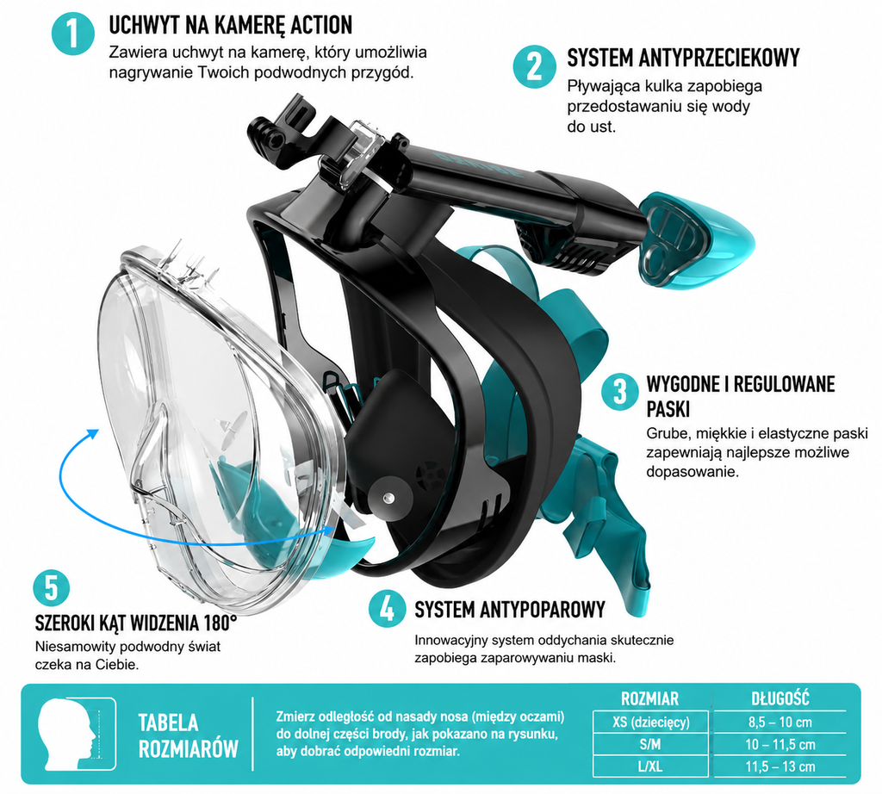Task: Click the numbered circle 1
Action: click(x=72, y=34)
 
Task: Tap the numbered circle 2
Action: click(x=534, y=66)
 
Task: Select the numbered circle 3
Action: click(x=619, y=391)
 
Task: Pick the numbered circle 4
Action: click(x=387, y=609)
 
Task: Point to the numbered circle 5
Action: click(x=51, y=588)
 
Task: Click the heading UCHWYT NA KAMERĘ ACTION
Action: click(x=231, y=25)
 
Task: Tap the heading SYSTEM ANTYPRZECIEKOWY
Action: click(x=683, y=58)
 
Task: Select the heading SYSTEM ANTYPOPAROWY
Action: click(x=510, y=610)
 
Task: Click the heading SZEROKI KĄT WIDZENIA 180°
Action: click(x=135, y=623)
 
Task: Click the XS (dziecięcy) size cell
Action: click(x=650, y=722)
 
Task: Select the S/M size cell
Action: click(x=650, y=745)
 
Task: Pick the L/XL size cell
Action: click(x=650, y=766)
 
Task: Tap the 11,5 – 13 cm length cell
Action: click(x=780, y=766)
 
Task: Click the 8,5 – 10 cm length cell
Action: click(x=780, y=722)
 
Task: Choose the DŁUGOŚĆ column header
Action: click(x=780, y=698)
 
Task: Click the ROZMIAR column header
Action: click(x=649, y=698)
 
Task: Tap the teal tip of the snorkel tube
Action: click(x=698, y=240)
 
